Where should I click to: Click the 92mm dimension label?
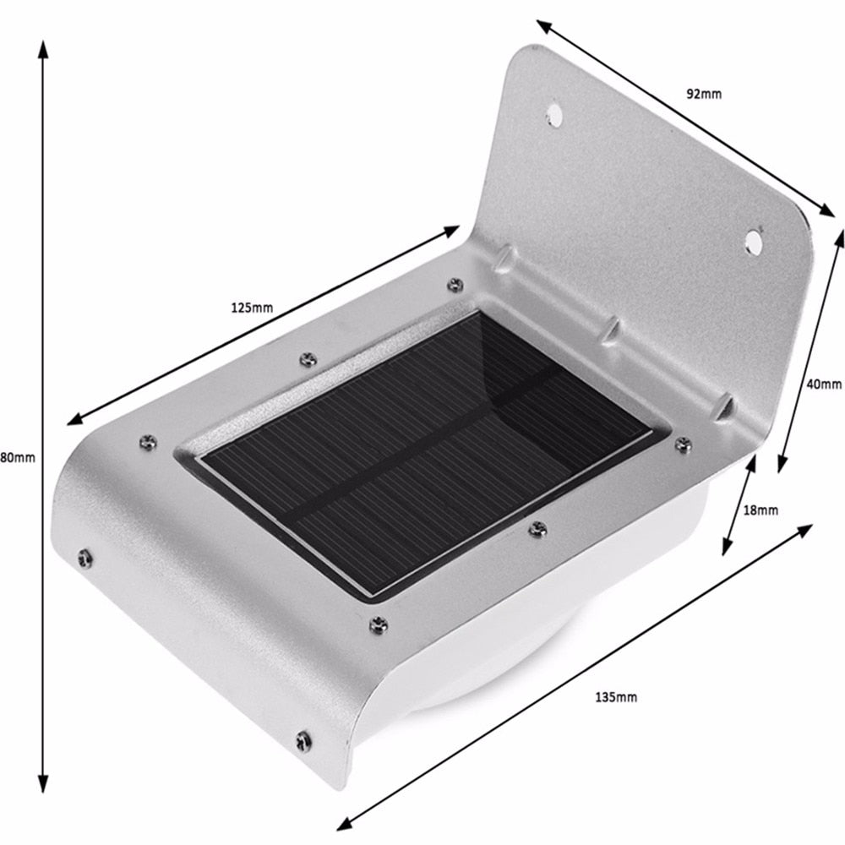(703, 94)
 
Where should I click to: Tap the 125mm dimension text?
(252, 308)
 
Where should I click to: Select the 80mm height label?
(17, 457)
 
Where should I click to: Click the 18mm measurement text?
(760, 510)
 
